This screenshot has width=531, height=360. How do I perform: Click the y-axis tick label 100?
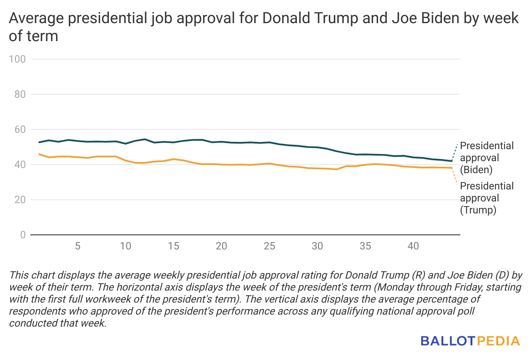(17, 59)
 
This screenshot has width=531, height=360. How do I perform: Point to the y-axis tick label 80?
(20, 94)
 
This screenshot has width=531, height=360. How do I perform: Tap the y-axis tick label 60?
(20, 129)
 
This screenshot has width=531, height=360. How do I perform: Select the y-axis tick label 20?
(20, 200)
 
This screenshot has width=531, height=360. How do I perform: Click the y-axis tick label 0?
(23, 235)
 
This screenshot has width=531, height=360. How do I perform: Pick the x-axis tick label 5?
(78, 246)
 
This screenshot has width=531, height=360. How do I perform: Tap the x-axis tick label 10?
(125, 246)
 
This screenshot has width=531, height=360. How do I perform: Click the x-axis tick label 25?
(269, 246)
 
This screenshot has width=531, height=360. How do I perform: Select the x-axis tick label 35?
(365, 246)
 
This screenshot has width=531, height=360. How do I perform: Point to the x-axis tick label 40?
(413, 246)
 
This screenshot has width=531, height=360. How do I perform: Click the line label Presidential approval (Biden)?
(486, 158)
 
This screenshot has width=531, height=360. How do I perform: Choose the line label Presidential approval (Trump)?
(486, 198)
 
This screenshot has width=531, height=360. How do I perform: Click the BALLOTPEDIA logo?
(470, 341)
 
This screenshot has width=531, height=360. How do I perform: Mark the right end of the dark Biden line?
(452, 161)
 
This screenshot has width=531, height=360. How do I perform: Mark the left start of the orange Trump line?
(39, 154)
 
